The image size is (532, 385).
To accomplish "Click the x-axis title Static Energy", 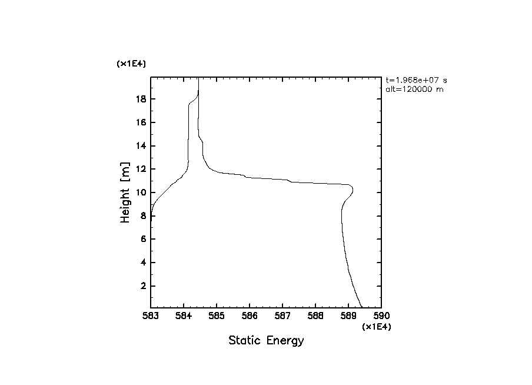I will point(266,341).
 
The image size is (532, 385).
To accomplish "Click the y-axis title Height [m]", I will point(125,192).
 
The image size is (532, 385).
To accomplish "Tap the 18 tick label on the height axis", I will point(141,99).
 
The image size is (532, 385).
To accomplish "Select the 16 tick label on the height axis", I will point(141,122).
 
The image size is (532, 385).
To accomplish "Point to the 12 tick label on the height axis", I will point(141,170).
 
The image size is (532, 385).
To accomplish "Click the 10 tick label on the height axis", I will point(141,192).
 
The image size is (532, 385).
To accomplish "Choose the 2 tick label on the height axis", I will point(144,286).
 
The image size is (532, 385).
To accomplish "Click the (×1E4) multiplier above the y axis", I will point(131,64).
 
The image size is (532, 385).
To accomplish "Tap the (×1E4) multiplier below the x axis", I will point(377,327).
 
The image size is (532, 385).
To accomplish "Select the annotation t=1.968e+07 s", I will point(412,80).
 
